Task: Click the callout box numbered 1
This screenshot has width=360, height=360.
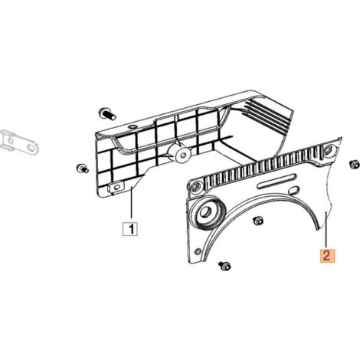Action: pos(131,229)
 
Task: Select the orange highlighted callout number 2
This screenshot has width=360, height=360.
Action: pos(327,255)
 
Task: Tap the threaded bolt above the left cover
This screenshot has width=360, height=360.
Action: pos(107,114)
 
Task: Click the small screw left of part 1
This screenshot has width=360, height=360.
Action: pos(82,169)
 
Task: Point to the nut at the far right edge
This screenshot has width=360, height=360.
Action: pos(355,165)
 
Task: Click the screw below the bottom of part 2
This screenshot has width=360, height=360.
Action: pos(224,266)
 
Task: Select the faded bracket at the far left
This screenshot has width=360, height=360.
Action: pos(19,142)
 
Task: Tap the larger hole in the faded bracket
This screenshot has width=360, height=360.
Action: pos(31,147)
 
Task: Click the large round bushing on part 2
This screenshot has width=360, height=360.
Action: pos(208,211)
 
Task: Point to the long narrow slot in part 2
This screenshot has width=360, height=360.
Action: pos(277,182)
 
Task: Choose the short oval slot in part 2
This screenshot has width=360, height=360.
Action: pos(294,191)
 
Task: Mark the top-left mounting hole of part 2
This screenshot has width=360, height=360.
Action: pos(195,187)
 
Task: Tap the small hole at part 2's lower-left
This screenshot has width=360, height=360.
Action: pos(198,251)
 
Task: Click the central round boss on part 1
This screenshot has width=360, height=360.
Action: pos(182,154)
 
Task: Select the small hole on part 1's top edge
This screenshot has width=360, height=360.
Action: pos(133,127)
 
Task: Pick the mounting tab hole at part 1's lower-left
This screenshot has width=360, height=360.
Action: pos(116,187)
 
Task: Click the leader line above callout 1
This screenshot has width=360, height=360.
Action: pos(131,202)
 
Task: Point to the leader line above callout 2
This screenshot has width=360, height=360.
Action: pos(327,228)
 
